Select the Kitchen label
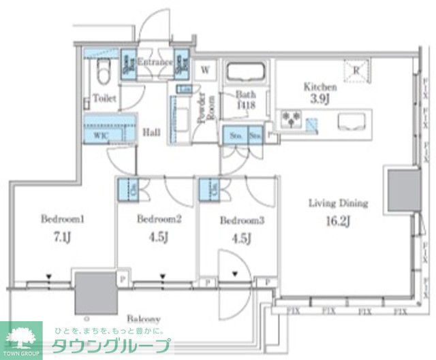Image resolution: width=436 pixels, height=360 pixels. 320,87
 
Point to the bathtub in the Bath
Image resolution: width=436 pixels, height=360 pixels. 248,73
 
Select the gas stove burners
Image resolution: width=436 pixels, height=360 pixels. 292,120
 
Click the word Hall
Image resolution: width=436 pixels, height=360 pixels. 151,132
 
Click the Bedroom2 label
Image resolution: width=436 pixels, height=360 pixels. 159,219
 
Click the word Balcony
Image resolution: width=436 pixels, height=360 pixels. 143,318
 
